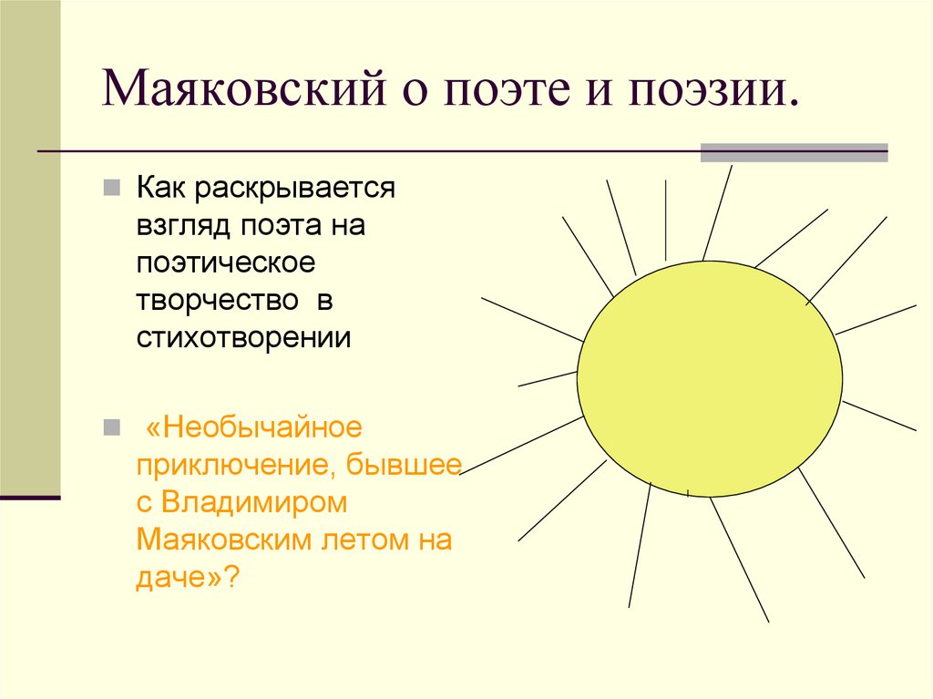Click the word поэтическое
[x=226, y=263]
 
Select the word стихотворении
[x=243, y=336]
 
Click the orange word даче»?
[x=188, y=576]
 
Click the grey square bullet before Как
[x=109, y=189]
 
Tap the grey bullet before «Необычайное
[x=109, y=427]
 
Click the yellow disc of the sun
[x=709, y=377]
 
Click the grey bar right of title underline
[x=793, y=152]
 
